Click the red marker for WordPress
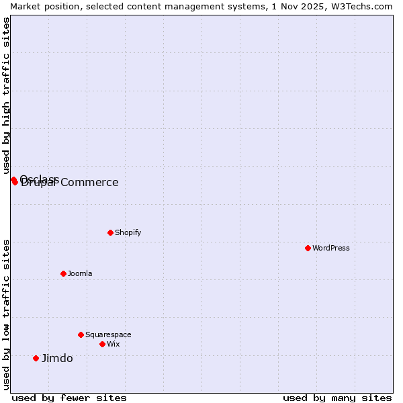coord(308,248)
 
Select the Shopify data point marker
coord(110,232)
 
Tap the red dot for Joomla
coord(63,273)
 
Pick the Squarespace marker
coord(81,334)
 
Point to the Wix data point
coord(102,344)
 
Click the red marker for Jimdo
coord(36,358)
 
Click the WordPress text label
coord(331,248)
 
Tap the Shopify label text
coord(128,232)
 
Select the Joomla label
coord(80,273)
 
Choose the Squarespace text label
coord(108,334)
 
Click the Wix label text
coord(113,344)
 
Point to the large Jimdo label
coord(57,358)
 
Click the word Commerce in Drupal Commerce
coord(90,183)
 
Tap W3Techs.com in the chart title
coord(363,6)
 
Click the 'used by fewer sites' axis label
coord(69,398)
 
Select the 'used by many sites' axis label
coord(337,398)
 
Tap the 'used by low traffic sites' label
coord(6,314)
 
